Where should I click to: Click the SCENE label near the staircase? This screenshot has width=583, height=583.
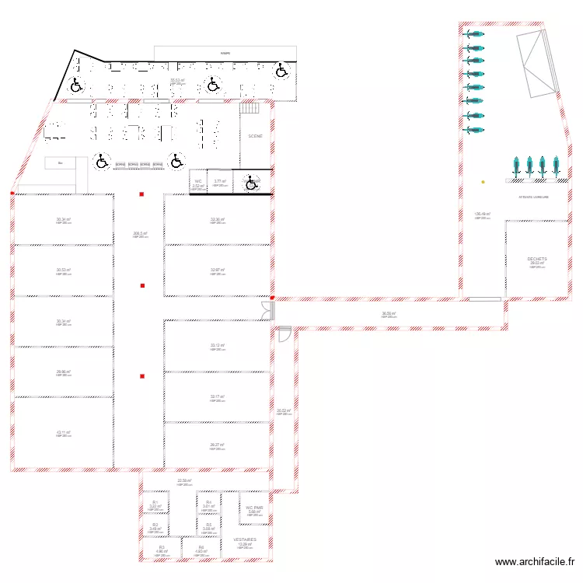pyautogui.click(x=255, y=136)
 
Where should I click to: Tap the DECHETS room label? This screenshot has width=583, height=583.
pyautogui.click(x=537, y=260)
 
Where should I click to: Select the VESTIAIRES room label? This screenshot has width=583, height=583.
pyautogui.click(x=245, y=539)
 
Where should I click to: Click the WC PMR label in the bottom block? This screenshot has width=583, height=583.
pyautogui.click(x=254, y=507)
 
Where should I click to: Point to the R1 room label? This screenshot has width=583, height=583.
pyautogui.click(x=155, y=503)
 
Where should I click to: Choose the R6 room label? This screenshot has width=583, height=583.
pyautogui.click(x=201, y=547)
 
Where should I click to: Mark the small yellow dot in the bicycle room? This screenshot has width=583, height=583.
pyautogui.click(x=483, y=182)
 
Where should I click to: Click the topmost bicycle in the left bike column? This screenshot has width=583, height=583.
pyautogui.click(x=473, y=33)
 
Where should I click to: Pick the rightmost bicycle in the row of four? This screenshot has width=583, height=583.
pyautogui.click(x=556, y=165)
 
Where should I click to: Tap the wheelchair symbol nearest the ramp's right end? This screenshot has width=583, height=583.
pyautogui.click(x=282, y=71)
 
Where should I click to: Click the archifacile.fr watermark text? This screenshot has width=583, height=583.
pyautogui.click(x=536, y=562)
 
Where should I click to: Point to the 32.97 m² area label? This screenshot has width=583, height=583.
pyautogui.click(x=217, y=270)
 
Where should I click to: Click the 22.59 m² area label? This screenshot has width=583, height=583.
pyautogui.click(x=184, y=480)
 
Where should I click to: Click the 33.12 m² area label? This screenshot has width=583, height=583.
pyautogui.click(x=217, y=345)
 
